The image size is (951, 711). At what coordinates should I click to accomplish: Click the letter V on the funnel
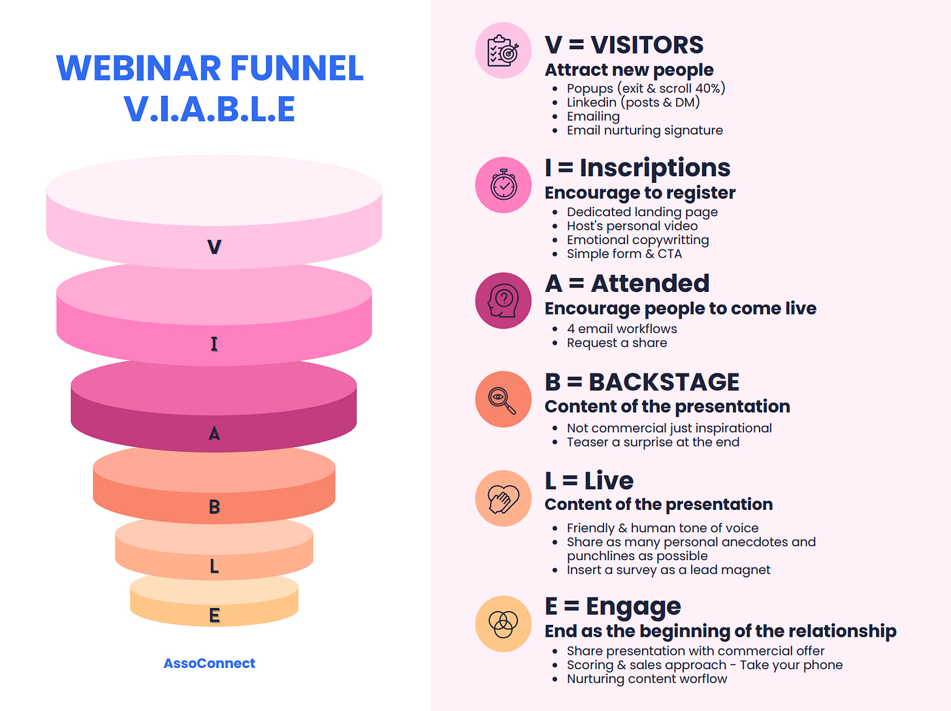coord(214,247)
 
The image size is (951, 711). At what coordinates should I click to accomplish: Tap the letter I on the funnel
coord(214,344)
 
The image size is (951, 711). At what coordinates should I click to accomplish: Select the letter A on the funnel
coord(214,434)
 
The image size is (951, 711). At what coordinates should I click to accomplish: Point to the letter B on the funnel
coord(214,507)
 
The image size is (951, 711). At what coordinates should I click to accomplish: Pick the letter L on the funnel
coord(214,567)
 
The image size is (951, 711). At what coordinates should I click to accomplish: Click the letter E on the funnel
coord(214,615)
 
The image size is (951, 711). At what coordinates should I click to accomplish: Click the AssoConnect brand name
coord(209,663)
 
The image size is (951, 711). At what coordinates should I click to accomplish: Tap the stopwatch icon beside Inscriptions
coord(504,185)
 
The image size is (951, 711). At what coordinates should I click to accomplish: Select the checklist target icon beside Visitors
coord(504,50)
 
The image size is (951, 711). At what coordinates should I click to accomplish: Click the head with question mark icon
coord(504,300)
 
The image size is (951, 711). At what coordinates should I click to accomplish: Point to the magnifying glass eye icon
coord(504,400)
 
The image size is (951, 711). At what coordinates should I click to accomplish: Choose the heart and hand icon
coord(504,498)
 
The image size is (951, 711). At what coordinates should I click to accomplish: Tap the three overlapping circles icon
coord(504,624)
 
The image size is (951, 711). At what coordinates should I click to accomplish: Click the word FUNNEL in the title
coord(297,69)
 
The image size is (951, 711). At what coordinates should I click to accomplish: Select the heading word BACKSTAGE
coord(664,382)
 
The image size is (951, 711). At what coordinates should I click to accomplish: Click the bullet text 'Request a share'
coord(617,343)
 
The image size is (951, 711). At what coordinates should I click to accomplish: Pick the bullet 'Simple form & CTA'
coord(624,254)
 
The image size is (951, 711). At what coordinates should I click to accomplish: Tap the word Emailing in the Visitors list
coord(593,116)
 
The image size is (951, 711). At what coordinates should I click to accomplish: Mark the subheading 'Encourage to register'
coord(640,193)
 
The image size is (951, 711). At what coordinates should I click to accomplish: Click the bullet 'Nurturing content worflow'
coord(647,679)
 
